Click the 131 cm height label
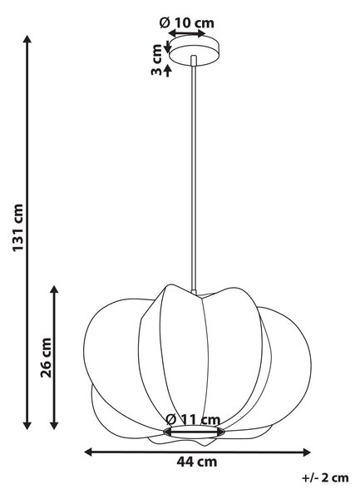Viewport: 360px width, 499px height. tap(18, 228)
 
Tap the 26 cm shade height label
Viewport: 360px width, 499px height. tap(46, 358)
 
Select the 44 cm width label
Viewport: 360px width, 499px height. tap(197, 462)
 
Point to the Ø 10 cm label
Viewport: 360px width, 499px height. tap(187, 22)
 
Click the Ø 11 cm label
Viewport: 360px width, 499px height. tap(193, 419)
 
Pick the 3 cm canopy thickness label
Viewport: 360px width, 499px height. tap(156, 60)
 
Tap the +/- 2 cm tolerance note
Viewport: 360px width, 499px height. tap(325, 477)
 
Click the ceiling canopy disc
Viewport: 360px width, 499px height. tap(194, 50)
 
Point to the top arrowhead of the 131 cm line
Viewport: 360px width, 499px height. tap(27, 39)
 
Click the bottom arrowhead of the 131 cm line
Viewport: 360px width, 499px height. tap(27, 425)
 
